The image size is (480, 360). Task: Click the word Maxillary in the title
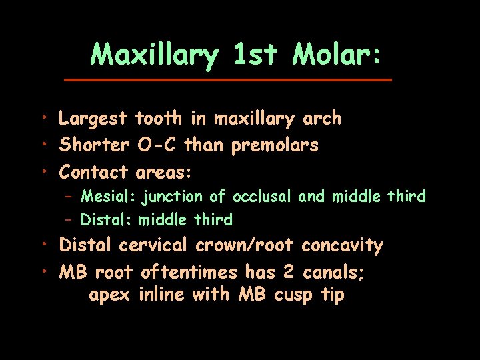[154, 55]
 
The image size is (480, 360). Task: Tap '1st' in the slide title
[255, 55]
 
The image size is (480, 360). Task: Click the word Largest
[93, 119]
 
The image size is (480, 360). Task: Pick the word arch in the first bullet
[322, 119]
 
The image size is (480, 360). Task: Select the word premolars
[275, 145]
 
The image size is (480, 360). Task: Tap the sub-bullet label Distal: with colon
[107, 219]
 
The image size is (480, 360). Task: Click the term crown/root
[244, 245]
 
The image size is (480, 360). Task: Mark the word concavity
[342, 246]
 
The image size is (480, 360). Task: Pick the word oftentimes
[189, 272]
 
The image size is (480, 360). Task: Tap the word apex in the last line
[109, 295]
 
